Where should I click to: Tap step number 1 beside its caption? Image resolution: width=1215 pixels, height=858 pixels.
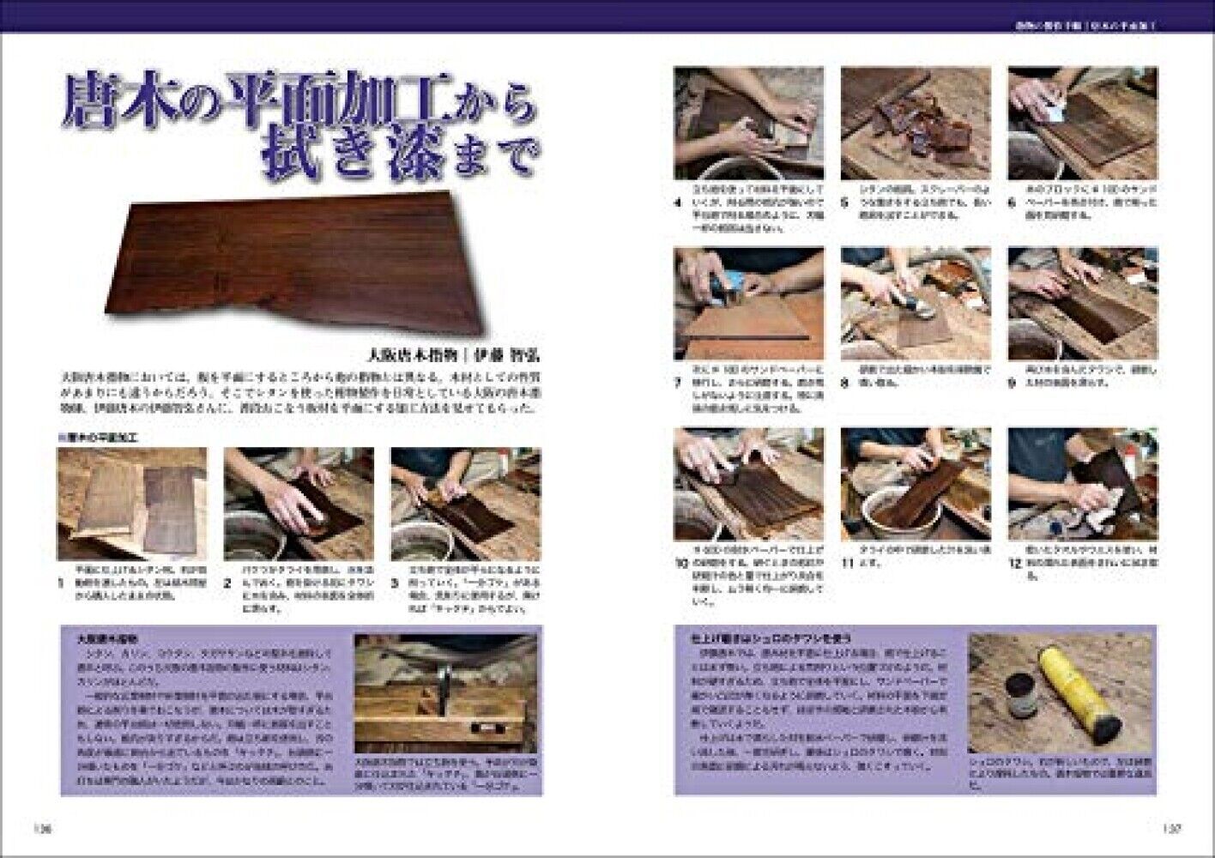pyautogui.click(x=61, y=583)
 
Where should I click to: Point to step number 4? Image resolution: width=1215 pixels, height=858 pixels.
pyautogui.click(x=677, y=205)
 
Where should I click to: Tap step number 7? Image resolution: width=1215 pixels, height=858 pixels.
pyautogui.click(x=677, y=384)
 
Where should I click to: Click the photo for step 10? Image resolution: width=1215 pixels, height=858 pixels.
pyautogui.click(x=748, y=484)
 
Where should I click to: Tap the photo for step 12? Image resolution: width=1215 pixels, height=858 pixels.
pyautogui.click(x=1082, y=484)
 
